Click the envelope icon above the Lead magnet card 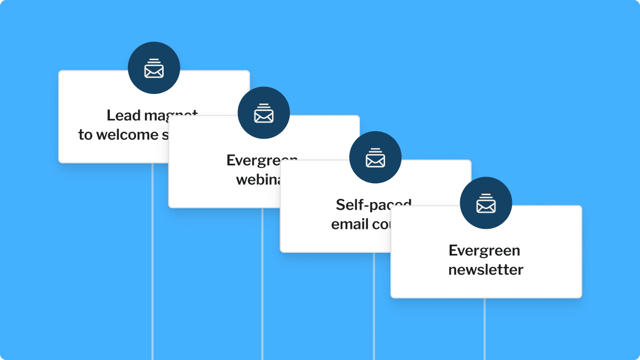click(x=154, y=70)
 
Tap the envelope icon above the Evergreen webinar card click(x=263, y=115)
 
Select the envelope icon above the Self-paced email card click(x=375, y=159)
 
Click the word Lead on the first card click(x=123, y=115)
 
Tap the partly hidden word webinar click(x=259, y=179)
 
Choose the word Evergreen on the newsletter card click(x=484, y=251)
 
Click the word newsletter click(x=486, y=270)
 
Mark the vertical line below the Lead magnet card click(x=153, y=261)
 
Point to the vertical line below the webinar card click(x=262, y=283)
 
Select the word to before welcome click(x=85, y=135)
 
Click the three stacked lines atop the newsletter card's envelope click(x=486, y=197)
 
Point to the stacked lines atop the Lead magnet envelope click(x=154, y=61)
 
